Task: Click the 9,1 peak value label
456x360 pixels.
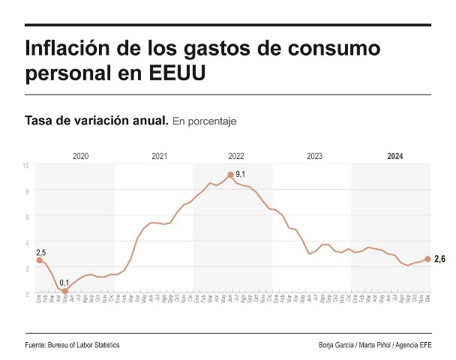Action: click(x=241, y=174)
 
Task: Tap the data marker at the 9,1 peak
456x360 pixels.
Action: click(x=230, y=175)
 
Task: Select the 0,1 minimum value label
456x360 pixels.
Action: click(x=65, y=283)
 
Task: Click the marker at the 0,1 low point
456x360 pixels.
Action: click(x=65, y=291)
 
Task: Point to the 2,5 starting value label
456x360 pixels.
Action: click(x=41, y=253)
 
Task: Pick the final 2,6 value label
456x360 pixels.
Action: click(x=440, y=259)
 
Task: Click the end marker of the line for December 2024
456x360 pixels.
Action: click(x=427, y=259)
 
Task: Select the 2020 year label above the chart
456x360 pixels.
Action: click(x=81, y=156)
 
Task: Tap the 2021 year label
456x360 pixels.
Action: click(x=159, y=156)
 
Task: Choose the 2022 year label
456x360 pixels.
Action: click(x=236, y=156)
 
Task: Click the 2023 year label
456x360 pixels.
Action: click(x=315, y=156)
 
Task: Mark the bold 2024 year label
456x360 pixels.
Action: click(x=395, y=156)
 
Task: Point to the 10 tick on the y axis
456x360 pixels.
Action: click(x=26, y=165)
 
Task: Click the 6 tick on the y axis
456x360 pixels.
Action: click(x=27, y=216)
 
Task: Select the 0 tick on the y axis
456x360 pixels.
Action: click(x=27, y=292)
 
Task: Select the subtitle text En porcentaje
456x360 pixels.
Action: click(x=205, y=121)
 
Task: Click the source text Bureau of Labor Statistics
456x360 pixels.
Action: click(x=83, y=345)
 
